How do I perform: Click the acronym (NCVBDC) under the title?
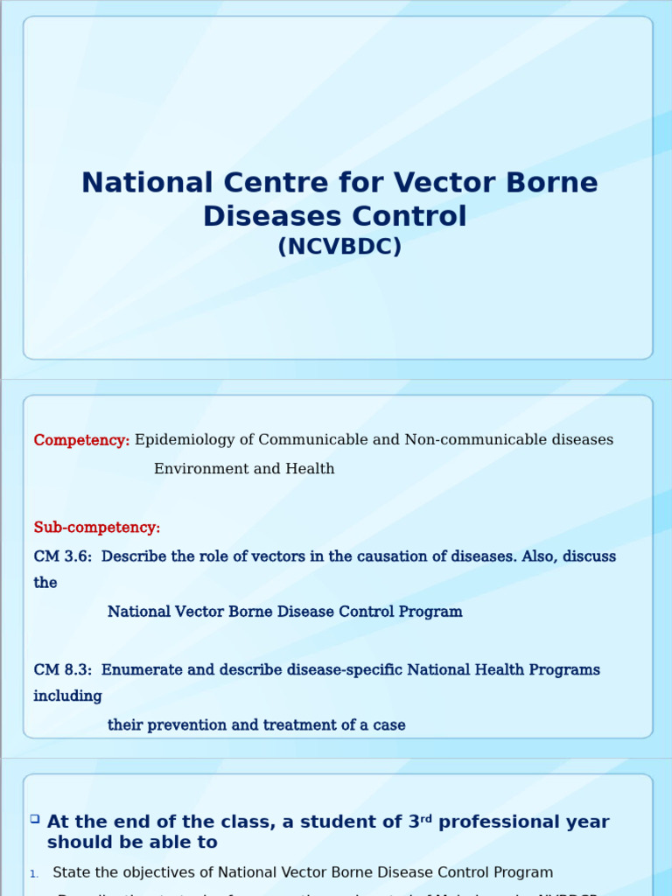coord(339,248)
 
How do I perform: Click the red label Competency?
coord(81,440)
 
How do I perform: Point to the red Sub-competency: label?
coord(97,528)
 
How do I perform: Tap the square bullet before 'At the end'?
coord(35,819)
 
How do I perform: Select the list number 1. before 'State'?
coord(34,873)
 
